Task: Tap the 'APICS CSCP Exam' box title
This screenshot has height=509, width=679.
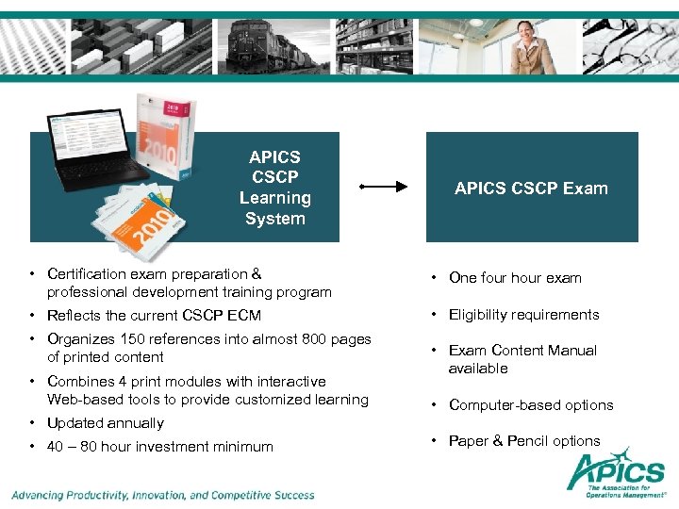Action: coord(531,188)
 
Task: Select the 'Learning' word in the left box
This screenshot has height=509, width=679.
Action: coord(274,198)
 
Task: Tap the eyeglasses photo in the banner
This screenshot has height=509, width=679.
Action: coord(627,45)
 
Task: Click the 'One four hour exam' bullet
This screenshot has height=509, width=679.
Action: coord(515,278)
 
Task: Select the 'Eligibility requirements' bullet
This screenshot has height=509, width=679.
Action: coord(523,315)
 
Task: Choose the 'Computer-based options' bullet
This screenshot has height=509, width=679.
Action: coord(531,405)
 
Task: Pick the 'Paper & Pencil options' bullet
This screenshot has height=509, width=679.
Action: coord(524,441)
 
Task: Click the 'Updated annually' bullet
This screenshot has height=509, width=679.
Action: coord(105,423)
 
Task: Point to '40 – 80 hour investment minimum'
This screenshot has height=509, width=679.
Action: coord(159,447)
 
